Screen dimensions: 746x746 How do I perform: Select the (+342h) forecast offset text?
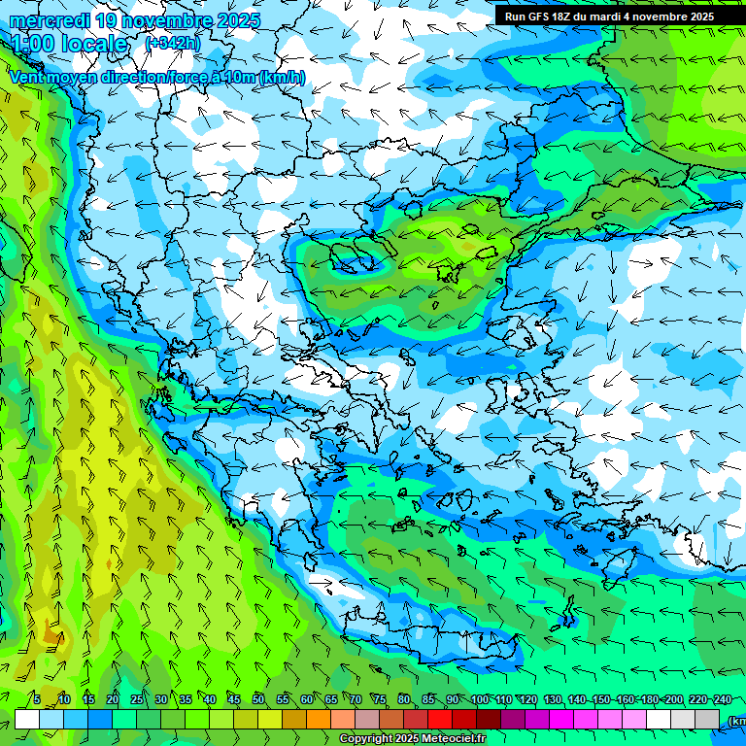point(173,44)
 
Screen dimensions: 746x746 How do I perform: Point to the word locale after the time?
point(94,45)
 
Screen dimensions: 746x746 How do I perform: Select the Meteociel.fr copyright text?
point(413,739)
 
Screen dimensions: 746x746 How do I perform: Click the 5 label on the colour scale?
point(37,699)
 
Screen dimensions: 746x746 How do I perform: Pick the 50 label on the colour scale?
point(258,699)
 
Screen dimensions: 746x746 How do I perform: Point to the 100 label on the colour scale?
point(480,699)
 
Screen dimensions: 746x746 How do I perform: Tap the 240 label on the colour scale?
point(723,699)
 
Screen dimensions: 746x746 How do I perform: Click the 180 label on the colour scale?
point(650,699)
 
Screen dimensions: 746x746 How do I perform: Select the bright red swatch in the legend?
point(440,720)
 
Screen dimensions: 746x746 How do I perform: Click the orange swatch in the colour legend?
point(319,720)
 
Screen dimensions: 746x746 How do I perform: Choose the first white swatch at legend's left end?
point(27,720)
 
